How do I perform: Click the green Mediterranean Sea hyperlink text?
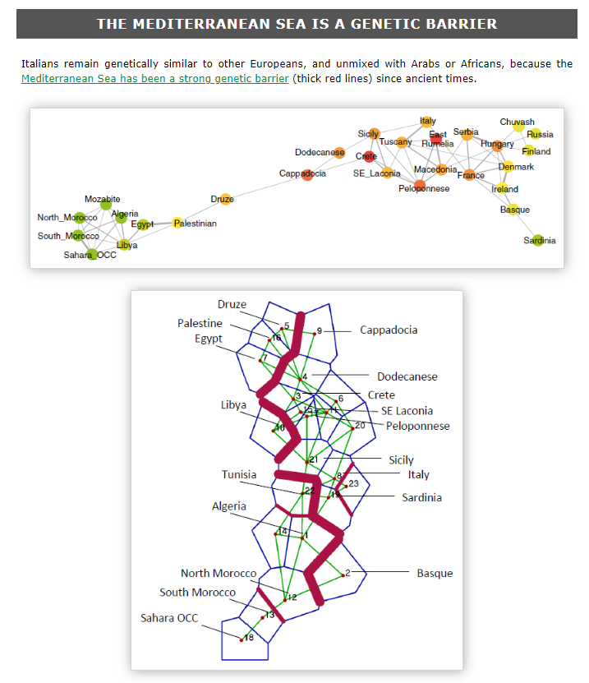click(x=155, y=79)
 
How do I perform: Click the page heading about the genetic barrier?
click(x=297, y=23)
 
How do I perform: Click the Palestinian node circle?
click(x=177, y=223)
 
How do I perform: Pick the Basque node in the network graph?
click(x=513, y=210)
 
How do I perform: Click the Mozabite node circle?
click(x=105, y=204)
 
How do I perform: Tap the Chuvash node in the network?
click(x=518, y=127)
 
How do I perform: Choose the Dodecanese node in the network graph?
click(x=339, y=152)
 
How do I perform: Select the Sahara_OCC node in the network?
click(x=92, y=254)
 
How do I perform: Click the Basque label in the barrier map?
click(x=435, y=573)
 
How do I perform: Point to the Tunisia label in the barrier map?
click(x=238, y=474)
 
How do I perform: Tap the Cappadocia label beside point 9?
click(x=389, y=330)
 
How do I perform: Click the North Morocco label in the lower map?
click(x=219, y=573)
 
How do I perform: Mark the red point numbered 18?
click(x=242, y=639)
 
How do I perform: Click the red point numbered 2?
click(x=343, y=574)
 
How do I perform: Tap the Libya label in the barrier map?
click(x=233, y=404)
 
